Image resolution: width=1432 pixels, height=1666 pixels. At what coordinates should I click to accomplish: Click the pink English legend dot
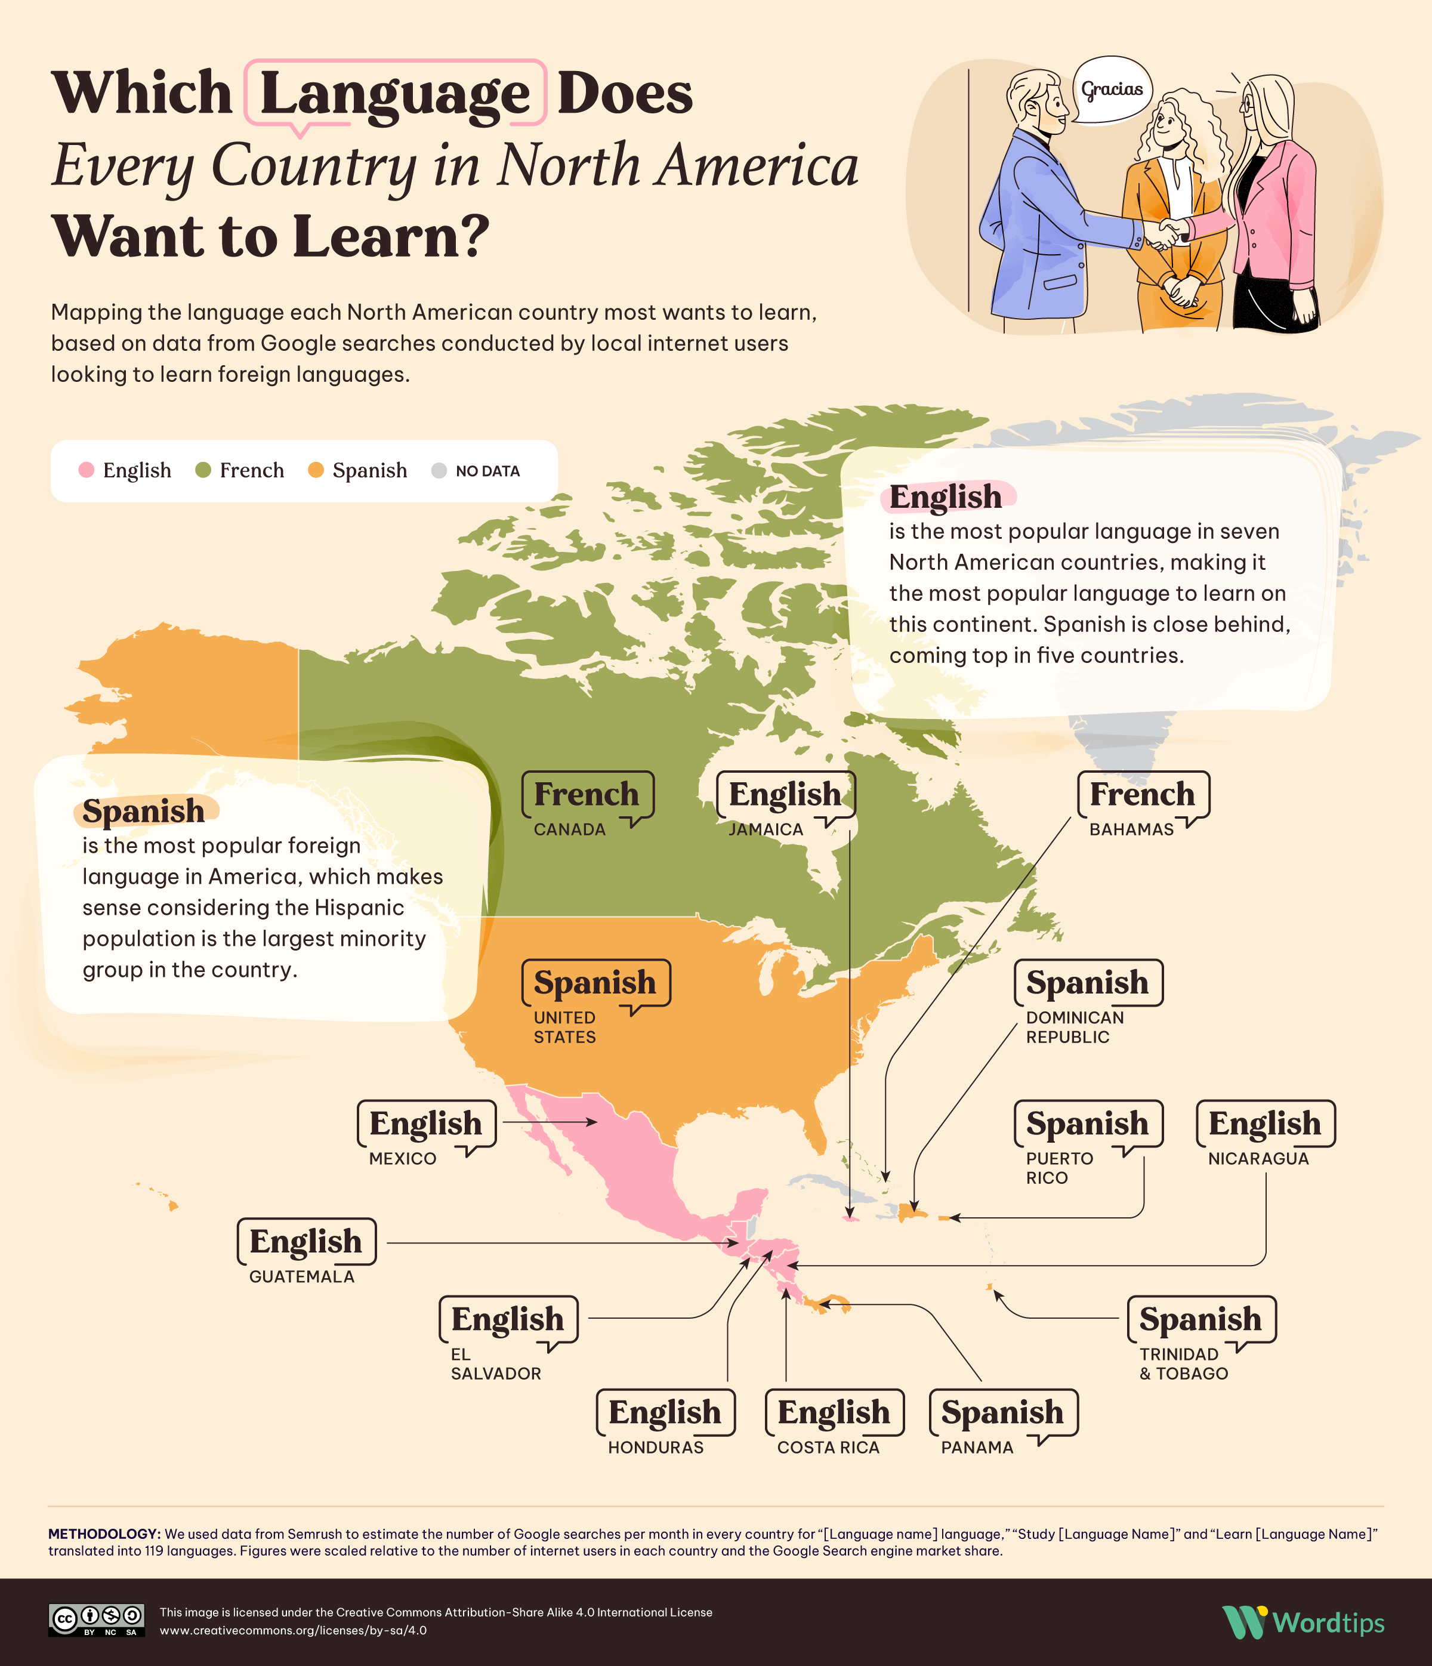[x=86, y=470]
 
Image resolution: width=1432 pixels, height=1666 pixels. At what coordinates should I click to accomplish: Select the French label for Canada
[x=586, y=794]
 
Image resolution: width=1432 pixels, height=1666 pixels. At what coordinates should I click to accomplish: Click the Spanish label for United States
[x=595, y=983]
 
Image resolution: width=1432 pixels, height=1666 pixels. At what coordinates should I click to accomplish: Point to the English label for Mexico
[x=425, y=1123]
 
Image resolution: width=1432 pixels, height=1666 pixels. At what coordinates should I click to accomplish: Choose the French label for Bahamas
[x=1142, y=794]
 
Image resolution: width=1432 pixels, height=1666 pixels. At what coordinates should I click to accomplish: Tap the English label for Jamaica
[x=785, y=794]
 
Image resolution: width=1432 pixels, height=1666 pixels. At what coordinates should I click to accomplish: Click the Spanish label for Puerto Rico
[x=1087, y=1123]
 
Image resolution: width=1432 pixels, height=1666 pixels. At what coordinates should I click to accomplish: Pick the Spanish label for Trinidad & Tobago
[x=1200, y=1319]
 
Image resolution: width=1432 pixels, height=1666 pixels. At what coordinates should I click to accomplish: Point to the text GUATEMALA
[x=301, y=1277]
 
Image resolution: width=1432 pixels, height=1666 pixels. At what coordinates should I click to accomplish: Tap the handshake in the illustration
[x=1165, y=234]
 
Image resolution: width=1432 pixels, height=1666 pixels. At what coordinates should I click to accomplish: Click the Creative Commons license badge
[x=97, y=1620]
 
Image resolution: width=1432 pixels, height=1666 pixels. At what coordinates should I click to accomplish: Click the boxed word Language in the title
[x=395, y=93]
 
